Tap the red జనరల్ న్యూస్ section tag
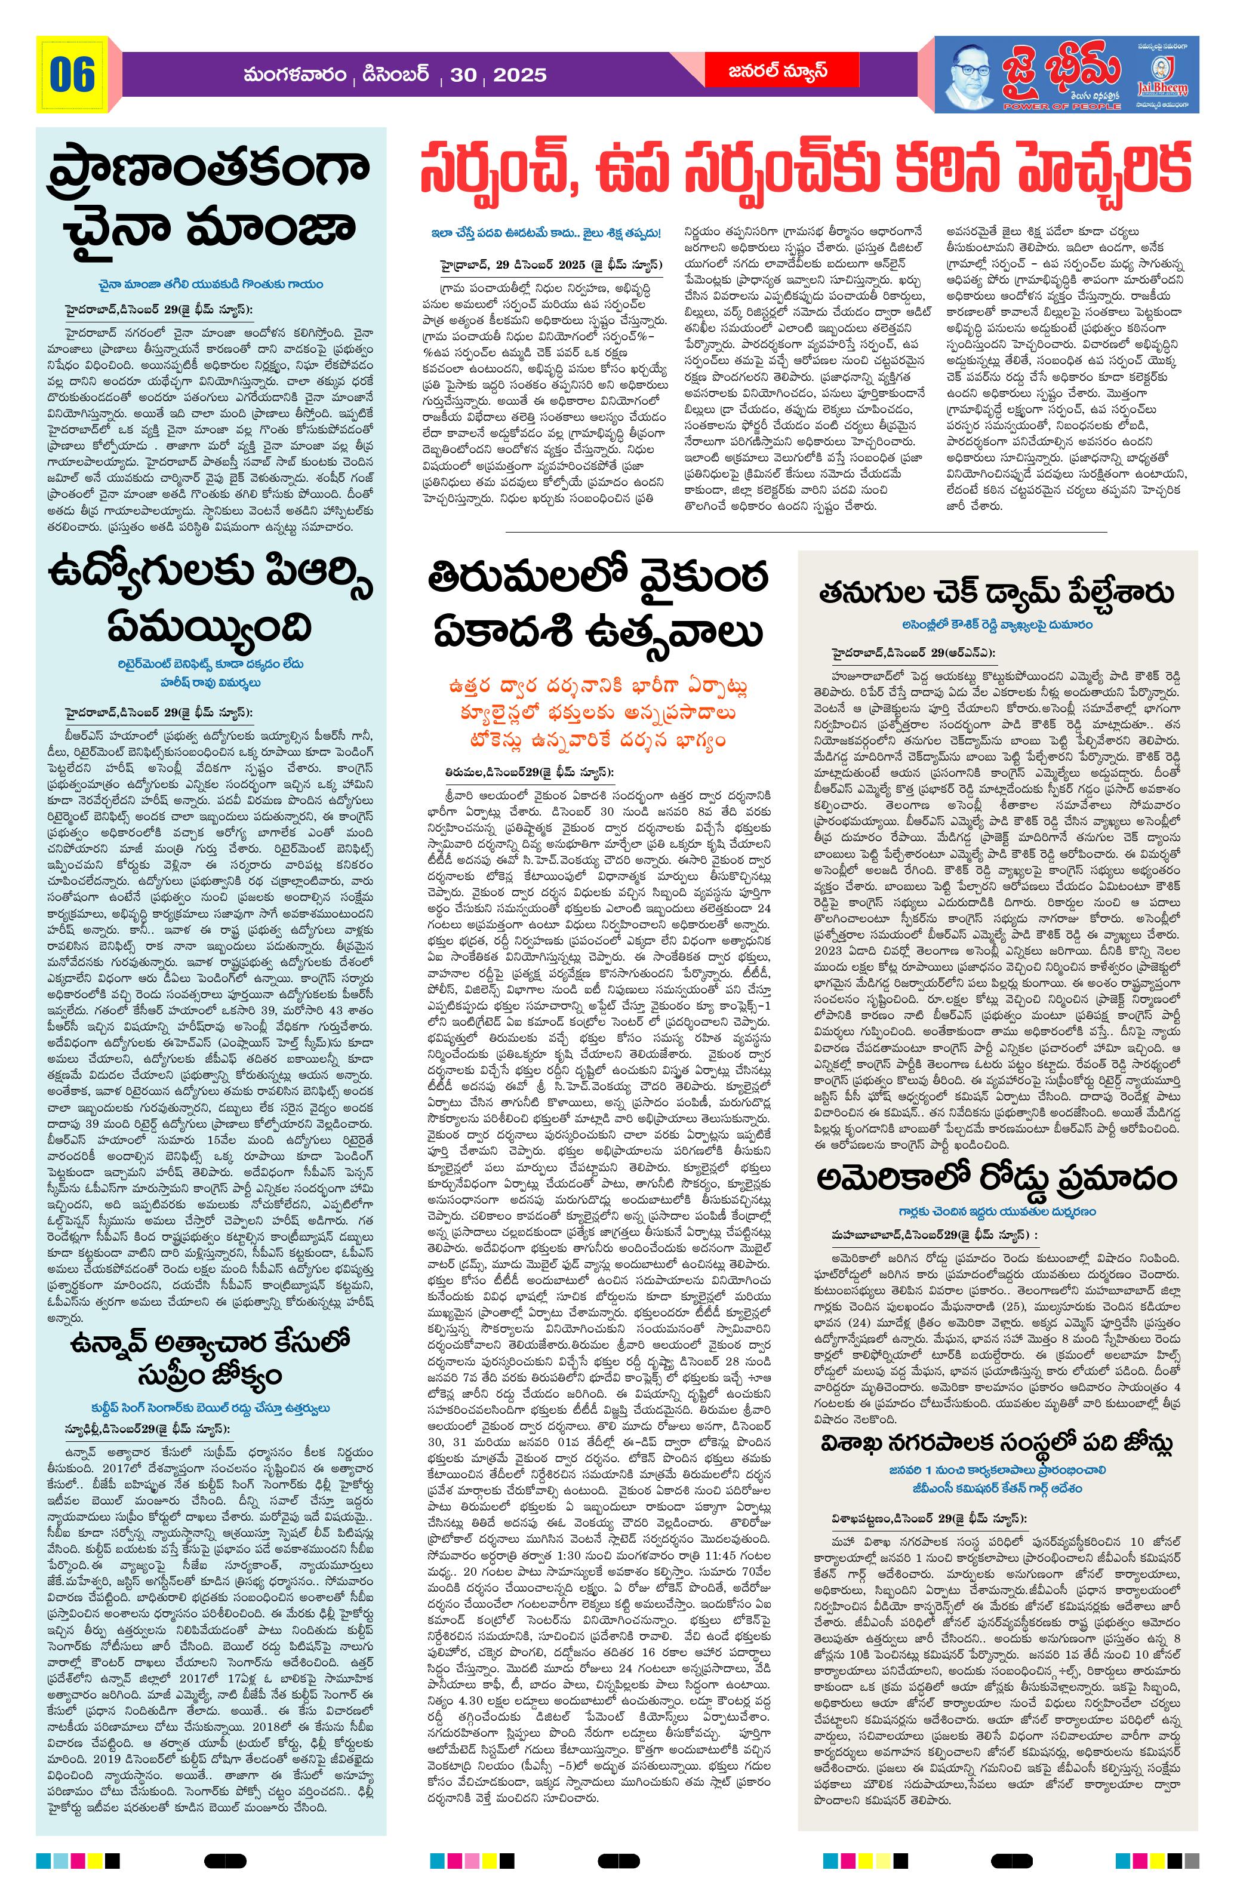coord(765,70)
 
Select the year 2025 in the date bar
coord(520,75)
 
